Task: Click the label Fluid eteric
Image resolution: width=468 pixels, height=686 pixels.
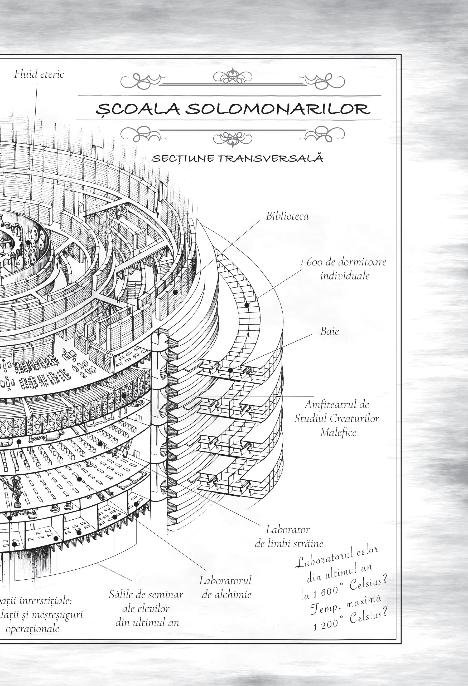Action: pos(39,74)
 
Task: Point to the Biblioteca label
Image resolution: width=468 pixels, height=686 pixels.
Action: pos(287,216)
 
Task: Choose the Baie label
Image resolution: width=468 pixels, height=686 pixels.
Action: pos(329,331)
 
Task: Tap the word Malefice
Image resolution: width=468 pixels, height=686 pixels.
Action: pos(338,433)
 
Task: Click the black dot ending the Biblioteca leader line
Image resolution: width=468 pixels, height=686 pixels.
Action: pos(175,292)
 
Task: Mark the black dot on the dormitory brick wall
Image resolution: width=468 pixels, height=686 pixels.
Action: pos(247,305)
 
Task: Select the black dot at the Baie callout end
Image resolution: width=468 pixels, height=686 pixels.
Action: pos(230,370)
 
